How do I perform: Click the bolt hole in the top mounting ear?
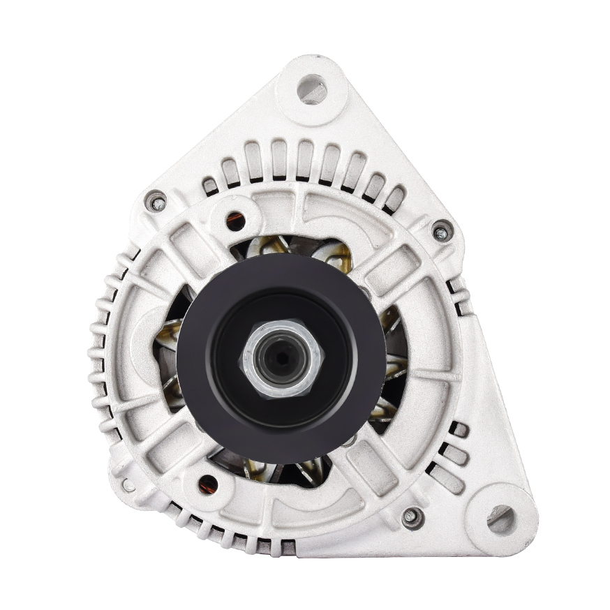(x=311, y=89)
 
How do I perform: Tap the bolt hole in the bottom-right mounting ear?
(x=501, y=519)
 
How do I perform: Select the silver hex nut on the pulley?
(x=281, y=358)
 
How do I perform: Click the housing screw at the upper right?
(x=441, y=232)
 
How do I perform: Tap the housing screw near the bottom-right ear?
(x=412, y=517)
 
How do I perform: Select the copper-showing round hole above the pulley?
(x=236, y=221)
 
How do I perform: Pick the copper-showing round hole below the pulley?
(x=207, y=482)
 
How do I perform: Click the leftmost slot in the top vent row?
(x=210, y=186)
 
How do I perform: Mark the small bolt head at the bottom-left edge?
(x=128, y=484)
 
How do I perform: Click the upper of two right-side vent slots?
(x=457, y=287)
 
